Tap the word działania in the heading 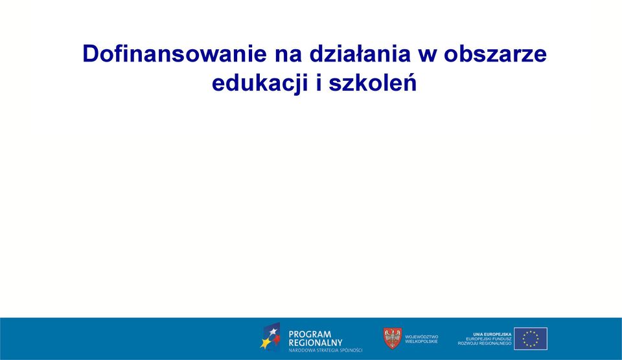[x=360, y=54]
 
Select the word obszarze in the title [x=495, y=54]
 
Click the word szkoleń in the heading [x=373, y=84]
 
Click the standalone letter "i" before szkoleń [x=319, y=84]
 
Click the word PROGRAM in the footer [x=310, y=334]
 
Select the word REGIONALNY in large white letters [x=316, y=343]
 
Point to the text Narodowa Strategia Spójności [x=325, y=350]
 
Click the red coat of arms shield [x=393, y=338]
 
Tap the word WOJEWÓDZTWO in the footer [x=422, y=337]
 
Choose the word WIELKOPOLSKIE [x=421, y=341]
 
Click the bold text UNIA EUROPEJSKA [x=492, y=335]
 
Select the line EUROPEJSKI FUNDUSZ [x=489, y=339]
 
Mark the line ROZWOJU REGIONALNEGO [x=485, y=343]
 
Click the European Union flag [x=531, y=339]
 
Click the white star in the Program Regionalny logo [x=273, y=332]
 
